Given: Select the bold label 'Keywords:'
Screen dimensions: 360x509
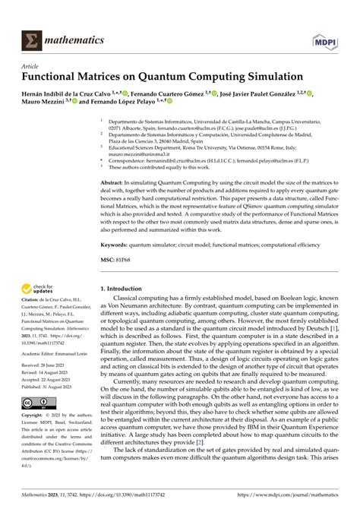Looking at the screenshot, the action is click(116, 246).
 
